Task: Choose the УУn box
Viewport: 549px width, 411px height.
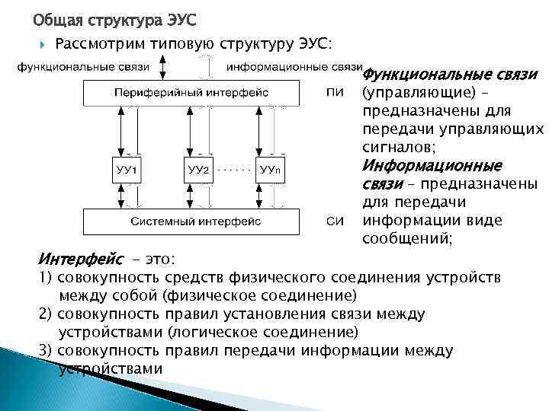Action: click(271, 169)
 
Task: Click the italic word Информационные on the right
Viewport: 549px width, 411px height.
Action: click(431, 165)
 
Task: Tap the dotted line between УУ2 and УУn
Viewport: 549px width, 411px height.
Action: click(234, 164)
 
